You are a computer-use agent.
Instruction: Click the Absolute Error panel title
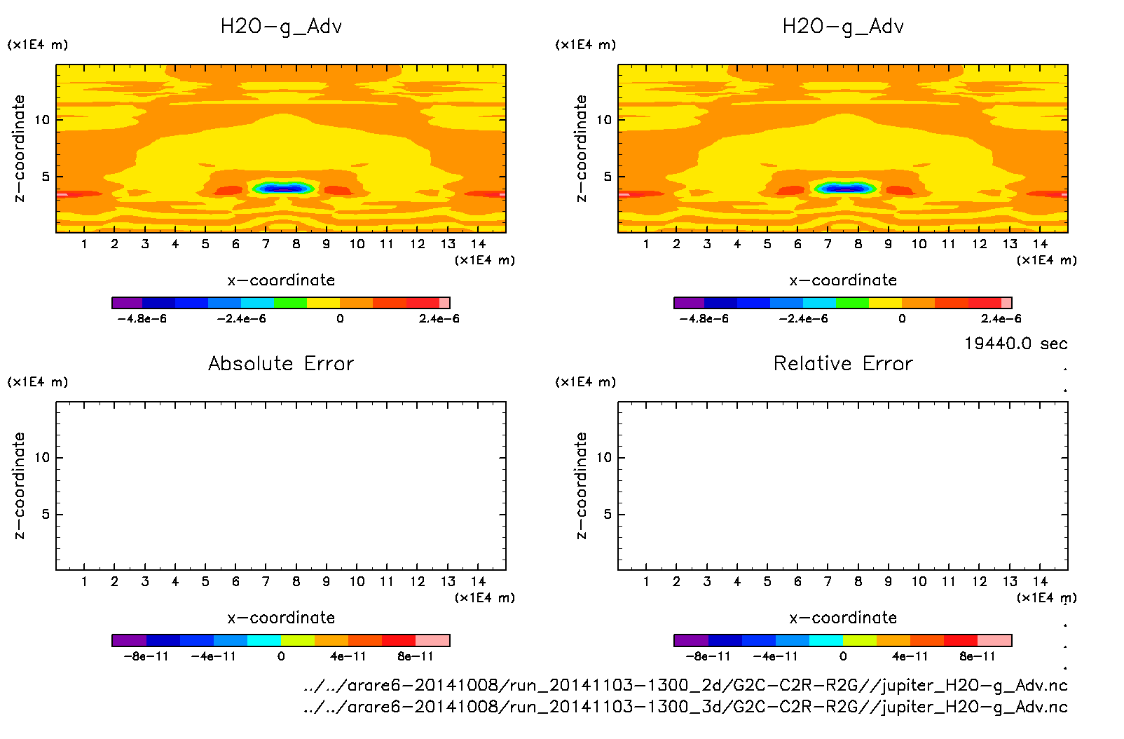coord(281,363)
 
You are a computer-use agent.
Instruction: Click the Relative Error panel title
coord(843,363)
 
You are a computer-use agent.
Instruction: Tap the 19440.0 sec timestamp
coord(1015,344)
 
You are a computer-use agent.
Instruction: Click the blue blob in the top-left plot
coord(282,189)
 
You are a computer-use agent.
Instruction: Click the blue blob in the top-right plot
coord(844,189)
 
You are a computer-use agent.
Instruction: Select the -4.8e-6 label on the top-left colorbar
coord(142,319)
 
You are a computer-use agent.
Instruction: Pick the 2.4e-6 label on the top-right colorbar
coord(1001,319)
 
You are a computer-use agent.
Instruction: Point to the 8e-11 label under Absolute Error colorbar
coord(416,657)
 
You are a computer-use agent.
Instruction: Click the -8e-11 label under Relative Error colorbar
coord(708,657)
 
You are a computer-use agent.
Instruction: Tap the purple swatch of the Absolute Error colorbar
coord(129,640)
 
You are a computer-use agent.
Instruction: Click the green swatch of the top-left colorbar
coord(290,303)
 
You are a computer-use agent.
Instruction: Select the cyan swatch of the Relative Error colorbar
coord(826,640)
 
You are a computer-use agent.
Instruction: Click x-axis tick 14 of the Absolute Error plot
coord(478,581)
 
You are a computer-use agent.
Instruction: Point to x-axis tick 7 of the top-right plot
coord(828,244)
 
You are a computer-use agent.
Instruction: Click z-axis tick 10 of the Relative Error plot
coord(604,458)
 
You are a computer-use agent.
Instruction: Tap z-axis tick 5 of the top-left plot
coord(46,177)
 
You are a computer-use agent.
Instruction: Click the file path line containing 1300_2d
coord(685,685)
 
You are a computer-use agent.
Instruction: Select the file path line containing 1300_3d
coord(685,707)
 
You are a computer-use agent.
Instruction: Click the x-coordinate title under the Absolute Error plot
coord(281,618)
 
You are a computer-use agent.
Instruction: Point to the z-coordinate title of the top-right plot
coord(581,149)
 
